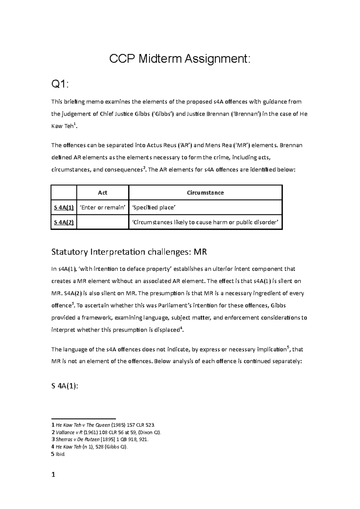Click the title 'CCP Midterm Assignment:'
[x=179, y=59]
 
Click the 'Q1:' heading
[x=60, y=85]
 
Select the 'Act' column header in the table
[x=103, y=193]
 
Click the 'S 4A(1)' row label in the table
[x=64, y=207]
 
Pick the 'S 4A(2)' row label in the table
[x=64, y=222]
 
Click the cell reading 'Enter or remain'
[x=103, y=207]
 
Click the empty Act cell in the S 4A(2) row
[x=103, y=222]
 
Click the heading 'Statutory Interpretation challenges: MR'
[x=129, y=252]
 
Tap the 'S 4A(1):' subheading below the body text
[x=64, y=386]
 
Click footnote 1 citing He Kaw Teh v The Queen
[x=104, y=425]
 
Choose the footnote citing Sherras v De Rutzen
[x=100, y=439]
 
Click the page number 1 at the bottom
[x=53, y=475]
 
